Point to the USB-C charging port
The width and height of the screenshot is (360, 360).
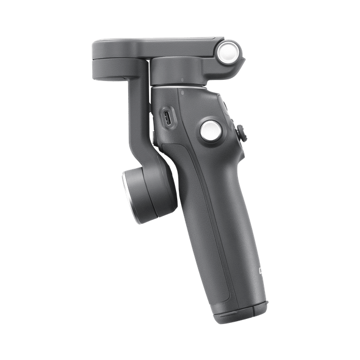168,118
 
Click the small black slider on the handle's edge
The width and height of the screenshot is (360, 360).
242,134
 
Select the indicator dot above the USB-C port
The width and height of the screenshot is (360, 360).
183,90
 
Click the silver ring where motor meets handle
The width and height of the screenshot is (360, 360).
179,85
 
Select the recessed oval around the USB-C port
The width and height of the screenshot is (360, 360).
168,118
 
